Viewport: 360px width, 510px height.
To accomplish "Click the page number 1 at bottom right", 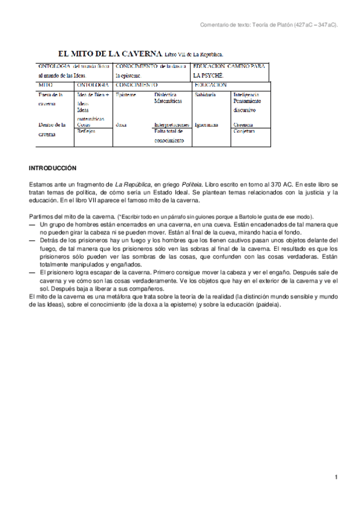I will [337, 477].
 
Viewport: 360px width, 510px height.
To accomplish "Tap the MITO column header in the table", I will [46, 86].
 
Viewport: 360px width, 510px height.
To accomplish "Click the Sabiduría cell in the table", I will [205, 95].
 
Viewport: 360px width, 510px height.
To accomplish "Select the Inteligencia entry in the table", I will [246, 95].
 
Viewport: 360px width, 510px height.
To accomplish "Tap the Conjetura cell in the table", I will [244, 131].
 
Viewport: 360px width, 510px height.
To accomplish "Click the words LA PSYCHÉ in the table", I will [208, 76].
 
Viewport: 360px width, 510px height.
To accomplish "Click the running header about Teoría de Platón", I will [268, 25].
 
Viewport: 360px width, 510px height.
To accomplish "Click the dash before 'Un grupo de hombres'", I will [32, 224].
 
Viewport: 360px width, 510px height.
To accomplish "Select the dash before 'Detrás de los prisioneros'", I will [32, 240].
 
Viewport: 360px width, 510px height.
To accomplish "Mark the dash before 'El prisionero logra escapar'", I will [32, 272].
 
